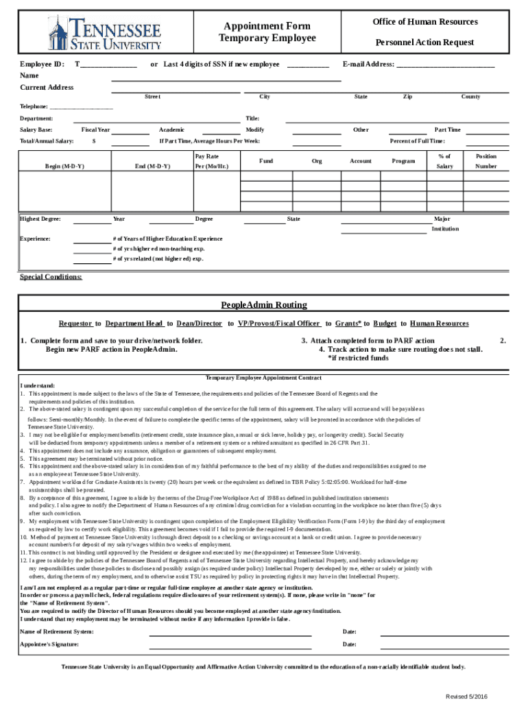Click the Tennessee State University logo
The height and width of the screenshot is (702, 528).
pyautogui.click(x=104, y=32)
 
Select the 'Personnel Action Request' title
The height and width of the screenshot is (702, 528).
pyautogui.click(x=424, y=43)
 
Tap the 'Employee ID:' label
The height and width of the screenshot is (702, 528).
pyautogui.click(x=43, y=64)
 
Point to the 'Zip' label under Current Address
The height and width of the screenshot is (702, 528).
pyautogui.click(x=407, y=97)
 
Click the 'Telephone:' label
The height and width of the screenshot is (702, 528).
pyautogui.click(x=34, y=107)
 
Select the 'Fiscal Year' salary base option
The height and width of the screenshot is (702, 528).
pyautogui.click(x=95, y=130)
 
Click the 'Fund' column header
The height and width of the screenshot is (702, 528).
pyautogui.click(x=267, y=161)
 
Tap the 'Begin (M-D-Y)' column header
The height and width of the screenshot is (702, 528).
pyautogui.click(x=64, y=167)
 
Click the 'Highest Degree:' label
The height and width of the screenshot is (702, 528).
pyautogui.click(x=40, y=219)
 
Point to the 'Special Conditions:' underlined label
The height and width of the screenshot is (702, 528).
pyautogui.click(x=51, y=277)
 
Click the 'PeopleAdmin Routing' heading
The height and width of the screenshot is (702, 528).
pyautogui.click(x=263, y=305)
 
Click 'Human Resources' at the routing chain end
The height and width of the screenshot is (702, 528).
pyautogui.click(x=439, y=324)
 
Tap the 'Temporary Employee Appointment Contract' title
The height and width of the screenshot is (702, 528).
pyautogui.click(x=263, y=378)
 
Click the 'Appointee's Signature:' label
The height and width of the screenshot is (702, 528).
pyautogui.click(x=49, y=645)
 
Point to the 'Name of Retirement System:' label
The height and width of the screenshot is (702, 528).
pyautogui.click(x=57, y=631)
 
